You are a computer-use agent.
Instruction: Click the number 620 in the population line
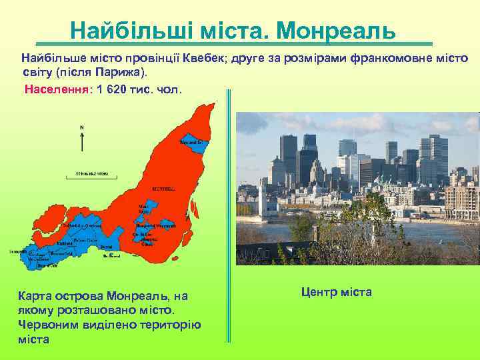pos(121,89)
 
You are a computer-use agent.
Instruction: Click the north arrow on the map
pos(82,139)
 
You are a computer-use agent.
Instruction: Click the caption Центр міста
pos(337,292)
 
